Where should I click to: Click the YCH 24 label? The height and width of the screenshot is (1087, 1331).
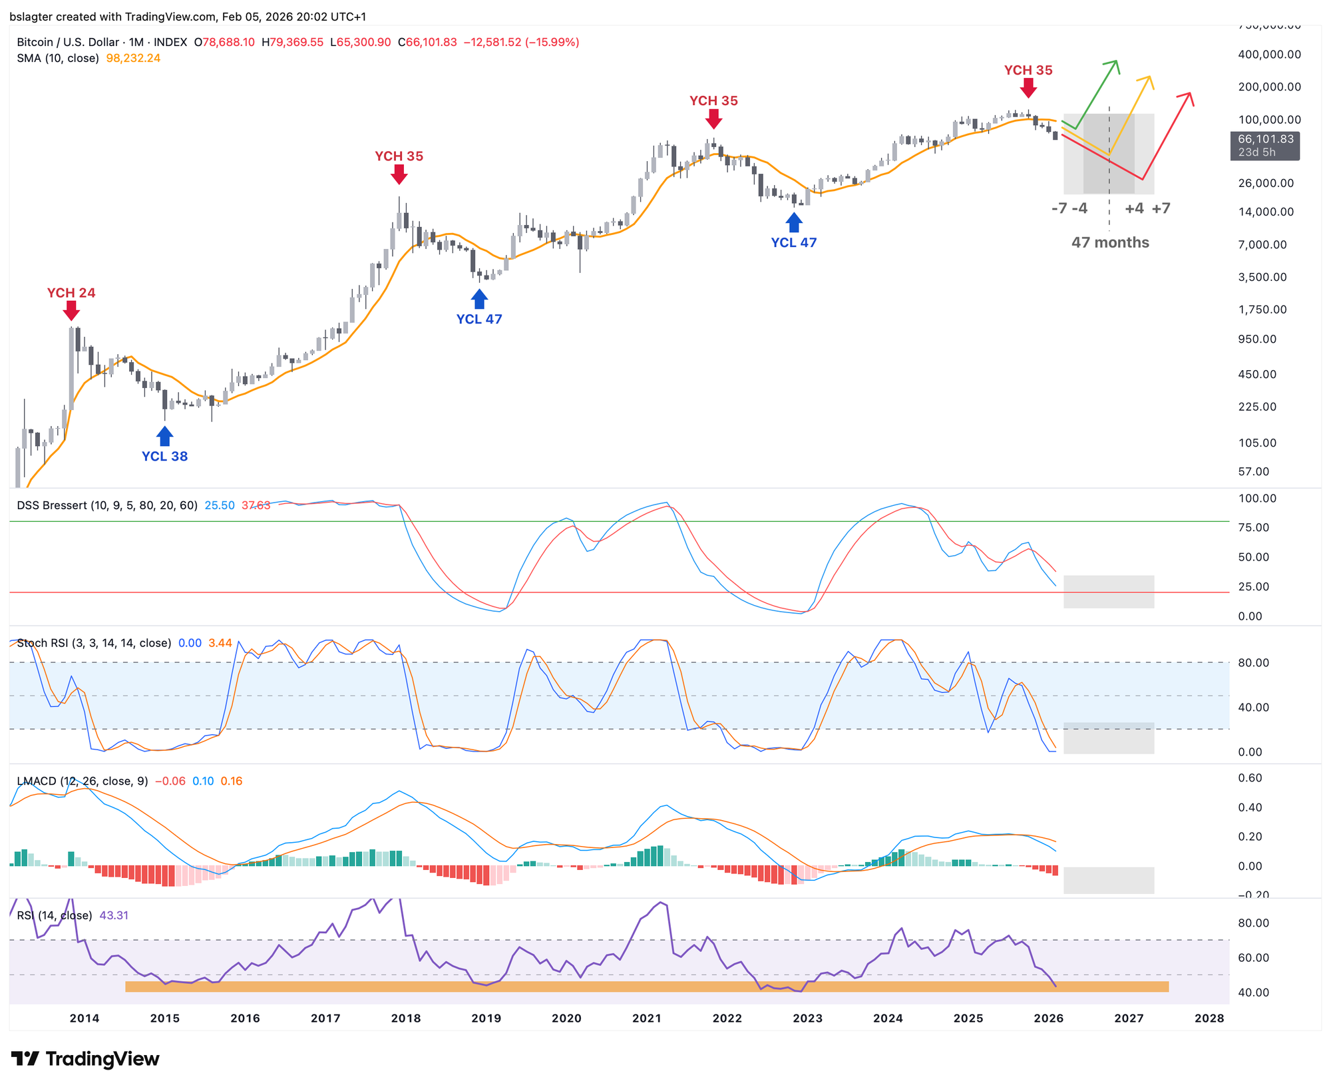pos(71,293)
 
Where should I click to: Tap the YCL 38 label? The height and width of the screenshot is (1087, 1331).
pos(164,457)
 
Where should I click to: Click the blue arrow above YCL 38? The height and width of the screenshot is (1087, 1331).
pos(164,436)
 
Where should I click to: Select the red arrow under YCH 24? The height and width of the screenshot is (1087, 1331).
pos(71,311)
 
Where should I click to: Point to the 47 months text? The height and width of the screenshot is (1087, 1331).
pos(1110,242)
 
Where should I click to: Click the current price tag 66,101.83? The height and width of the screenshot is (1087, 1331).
pos(1265,140)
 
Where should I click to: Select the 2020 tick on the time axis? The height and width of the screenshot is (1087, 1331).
pos(566,1018)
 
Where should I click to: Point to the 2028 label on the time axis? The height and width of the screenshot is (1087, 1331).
pos(1209,1018)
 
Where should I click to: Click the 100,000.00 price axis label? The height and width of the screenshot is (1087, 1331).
pos(1269,120)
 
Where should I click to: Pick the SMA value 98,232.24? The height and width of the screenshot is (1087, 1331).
pos(133,59)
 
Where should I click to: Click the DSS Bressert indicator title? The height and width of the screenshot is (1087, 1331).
pos(107,505)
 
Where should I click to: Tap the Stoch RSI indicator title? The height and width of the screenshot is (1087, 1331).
pos(94,643)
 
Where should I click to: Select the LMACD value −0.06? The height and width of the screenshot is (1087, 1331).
pos(170,781)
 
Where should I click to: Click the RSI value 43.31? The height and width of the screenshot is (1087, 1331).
pos(114,915)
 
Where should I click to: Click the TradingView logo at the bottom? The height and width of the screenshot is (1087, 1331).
pos(85,1058)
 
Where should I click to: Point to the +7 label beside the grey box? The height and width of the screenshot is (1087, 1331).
pos(1161,208)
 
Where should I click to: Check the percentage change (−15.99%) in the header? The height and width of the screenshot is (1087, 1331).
pos(552,43)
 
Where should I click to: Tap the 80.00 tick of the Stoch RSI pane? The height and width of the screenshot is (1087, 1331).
pos(1253,663)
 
